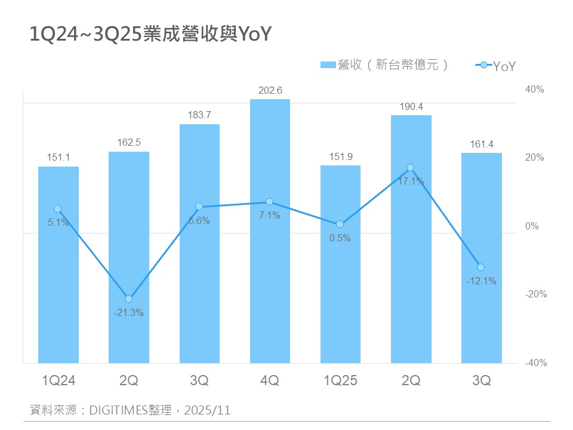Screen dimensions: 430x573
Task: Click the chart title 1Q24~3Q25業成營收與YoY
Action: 150,35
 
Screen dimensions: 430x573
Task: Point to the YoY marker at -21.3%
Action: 129,299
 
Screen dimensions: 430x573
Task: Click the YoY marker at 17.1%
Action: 410,168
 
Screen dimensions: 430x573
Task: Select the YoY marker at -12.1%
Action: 480,267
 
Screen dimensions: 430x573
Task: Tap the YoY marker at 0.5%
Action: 340,225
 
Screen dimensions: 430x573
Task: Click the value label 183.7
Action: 199,115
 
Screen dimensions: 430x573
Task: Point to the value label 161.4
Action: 481,144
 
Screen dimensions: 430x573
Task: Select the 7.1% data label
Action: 270,216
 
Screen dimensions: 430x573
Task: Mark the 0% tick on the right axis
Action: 531,226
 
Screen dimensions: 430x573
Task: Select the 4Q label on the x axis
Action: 270,380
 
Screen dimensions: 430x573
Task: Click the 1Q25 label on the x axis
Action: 340,380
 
